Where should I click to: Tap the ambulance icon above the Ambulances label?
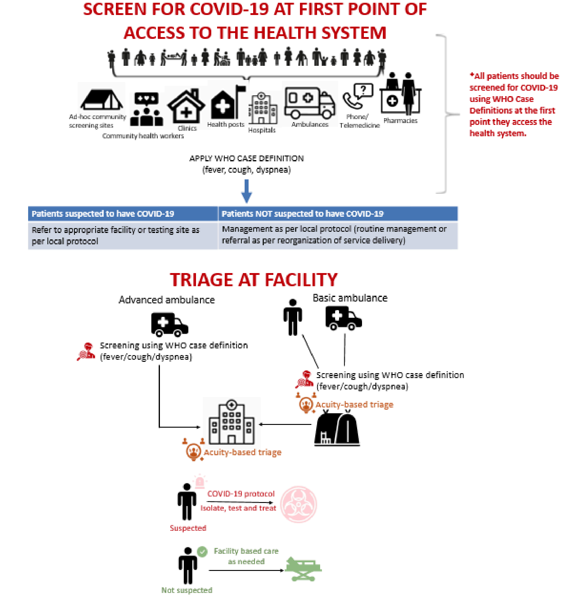point(309,103)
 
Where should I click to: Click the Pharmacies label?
point(400,121)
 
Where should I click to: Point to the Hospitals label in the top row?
point(262,130)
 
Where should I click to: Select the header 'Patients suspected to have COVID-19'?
point(103,214)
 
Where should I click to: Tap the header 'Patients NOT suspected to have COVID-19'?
point(302,214)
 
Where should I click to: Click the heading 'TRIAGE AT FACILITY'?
point(254,280)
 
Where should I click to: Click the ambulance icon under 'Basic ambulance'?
point(343,318)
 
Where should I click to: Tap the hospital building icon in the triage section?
point(231,422)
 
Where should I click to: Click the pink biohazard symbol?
point(298,504)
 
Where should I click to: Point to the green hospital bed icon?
point(303,569)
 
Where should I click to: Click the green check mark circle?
point(202,552)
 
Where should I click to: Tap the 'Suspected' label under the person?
point(188,528)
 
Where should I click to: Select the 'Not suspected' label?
point(187,590)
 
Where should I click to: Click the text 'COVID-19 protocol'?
point(241,494)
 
